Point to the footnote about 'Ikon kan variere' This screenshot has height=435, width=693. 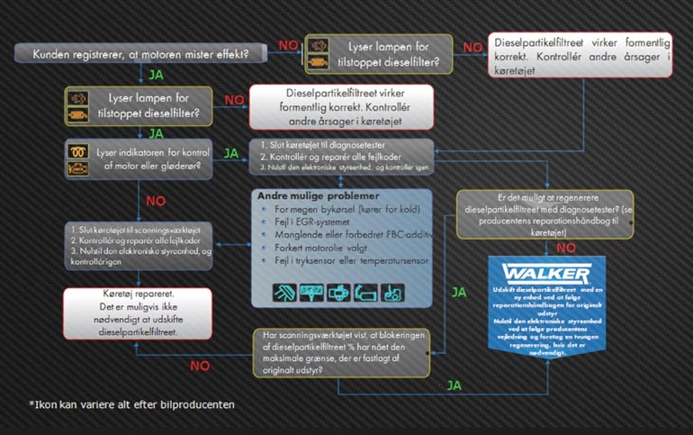[x=131, y=404]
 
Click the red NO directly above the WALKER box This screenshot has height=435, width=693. [x=566, y=246]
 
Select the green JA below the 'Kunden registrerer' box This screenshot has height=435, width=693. [x=156, y=75]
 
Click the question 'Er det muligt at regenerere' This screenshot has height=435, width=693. [x=550, y=213]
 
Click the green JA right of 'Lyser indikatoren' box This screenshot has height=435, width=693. [x=230, y=154]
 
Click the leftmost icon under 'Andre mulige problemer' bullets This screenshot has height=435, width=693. [x=284, y=292]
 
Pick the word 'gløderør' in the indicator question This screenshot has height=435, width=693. [x=180, y=166]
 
